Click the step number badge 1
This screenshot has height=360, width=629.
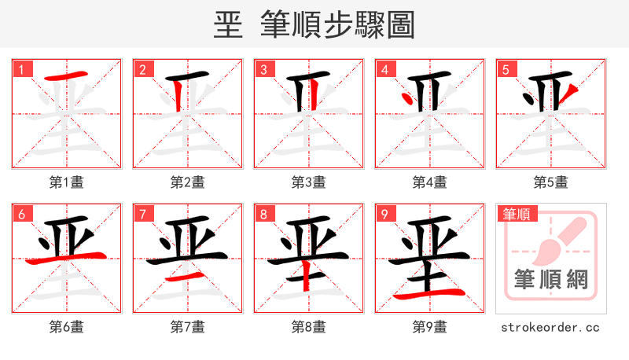(x=21, y=69)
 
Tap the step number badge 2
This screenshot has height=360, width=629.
(x=142, y=69)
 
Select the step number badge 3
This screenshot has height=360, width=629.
(x=263, y=69)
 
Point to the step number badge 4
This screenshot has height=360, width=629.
(x=384, y=69)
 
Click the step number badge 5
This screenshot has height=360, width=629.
(x=506, y=69)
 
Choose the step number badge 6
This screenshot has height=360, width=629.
(x=21, y=214)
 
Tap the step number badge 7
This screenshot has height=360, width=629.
(x=142, y=214)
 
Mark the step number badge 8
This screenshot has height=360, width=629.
(x=263, y=214)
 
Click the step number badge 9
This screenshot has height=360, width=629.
(x=384, y=214)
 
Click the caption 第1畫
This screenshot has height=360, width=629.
(x=67, y=182)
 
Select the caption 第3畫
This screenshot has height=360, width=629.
(x=309, y=182)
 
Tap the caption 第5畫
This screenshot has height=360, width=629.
(x=551, y=182)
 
